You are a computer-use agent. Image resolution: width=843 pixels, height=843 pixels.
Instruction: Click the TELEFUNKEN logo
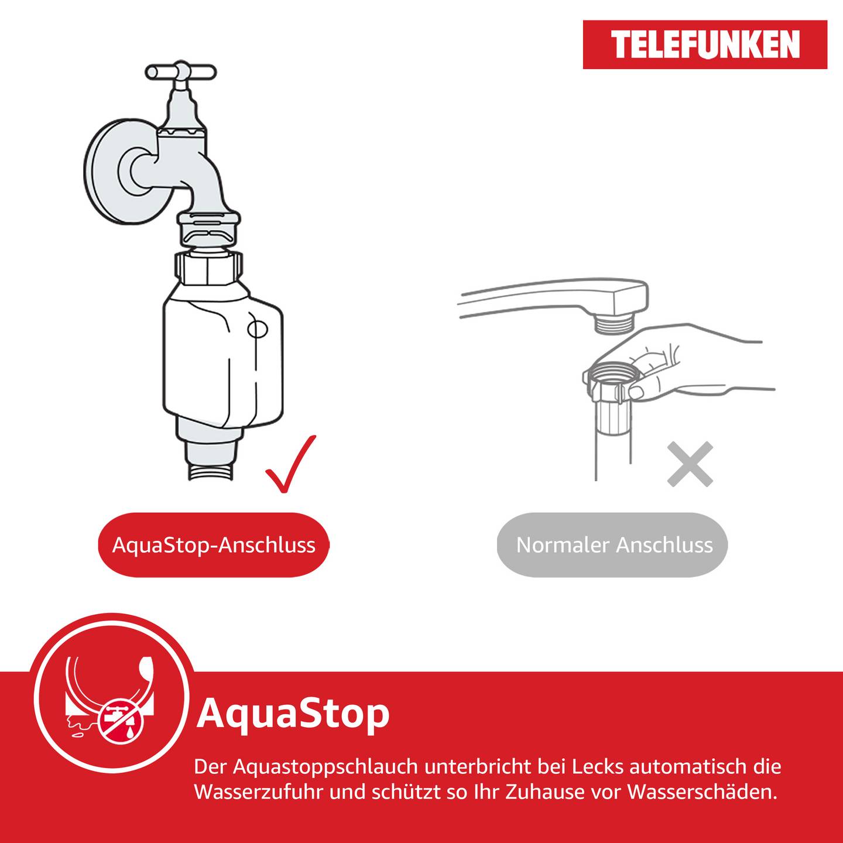[705, 44]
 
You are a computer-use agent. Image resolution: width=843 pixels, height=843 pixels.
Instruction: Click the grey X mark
[690, 464]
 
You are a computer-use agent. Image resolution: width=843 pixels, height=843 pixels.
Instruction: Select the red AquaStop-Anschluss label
[214, 545]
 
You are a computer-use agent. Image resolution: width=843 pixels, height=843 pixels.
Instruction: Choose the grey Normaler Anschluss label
[614, 545]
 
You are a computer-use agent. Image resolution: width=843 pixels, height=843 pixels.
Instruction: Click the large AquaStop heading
[293, 713]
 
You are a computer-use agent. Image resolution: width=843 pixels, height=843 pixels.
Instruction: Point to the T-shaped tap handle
[180, 73]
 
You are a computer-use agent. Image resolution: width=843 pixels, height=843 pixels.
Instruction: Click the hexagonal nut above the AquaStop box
[208, 268]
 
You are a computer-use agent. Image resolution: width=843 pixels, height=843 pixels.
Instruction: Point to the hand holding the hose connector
[702, 363]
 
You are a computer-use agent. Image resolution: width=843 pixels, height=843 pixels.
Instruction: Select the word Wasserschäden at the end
[702, 792]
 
